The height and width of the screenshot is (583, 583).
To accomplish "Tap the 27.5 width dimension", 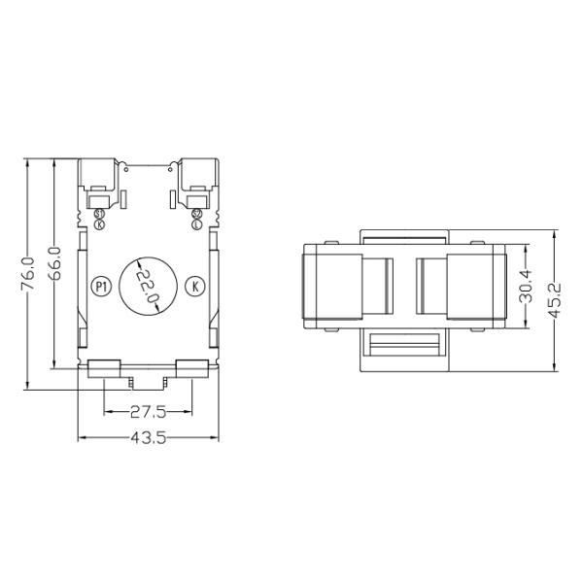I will point(148,411).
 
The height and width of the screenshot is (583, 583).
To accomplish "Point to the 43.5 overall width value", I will point(148,438).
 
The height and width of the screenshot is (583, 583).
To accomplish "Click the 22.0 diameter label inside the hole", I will point(147,287).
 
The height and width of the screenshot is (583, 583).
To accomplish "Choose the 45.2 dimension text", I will point(555,300).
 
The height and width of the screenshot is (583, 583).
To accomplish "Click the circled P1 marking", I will point(100,286).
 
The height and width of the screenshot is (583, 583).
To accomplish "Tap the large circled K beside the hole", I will point(195,286).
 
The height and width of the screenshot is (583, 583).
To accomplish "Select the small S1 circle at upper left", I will point(100,214).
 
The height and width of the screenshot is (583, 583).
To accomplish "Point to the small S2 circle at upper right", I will point(196,214).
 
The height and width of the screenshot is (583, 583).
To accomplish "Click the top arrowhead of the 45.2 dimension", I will point(555,234).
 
